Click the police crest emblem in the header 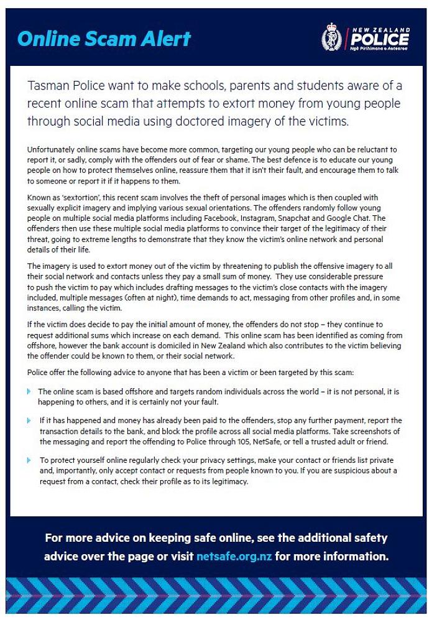point(331,39)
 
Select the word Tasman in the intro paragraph point(50,85)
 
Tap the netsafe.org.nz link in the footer point(234,556)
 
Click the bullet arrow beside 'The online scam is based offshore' point(29,391)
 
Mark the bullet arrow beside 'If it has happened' point(29,420)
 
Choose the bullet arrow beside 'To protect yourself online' point(29,460)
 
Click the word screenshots point(367,431)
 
